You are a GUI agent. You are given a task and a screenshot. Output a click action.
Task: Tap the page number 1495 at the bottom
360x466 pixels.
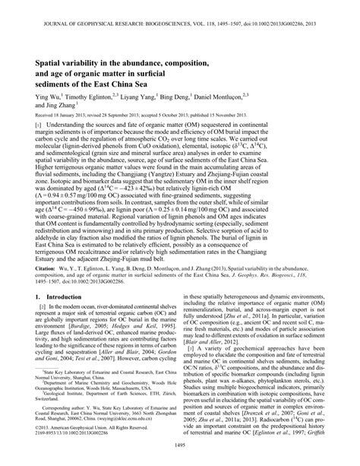(x=179, y=455)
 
